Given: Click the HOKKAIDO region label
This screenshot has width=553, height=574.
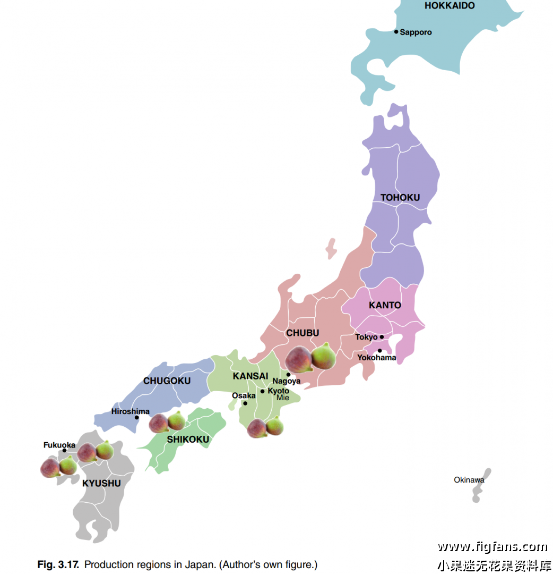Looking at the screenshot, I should click(449, 6).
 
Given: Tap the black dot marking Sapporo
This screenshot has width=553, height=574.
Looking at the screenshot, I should click(396, 32).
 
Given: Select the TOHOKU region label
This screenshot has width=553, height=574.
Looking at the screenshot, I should click(400, 198).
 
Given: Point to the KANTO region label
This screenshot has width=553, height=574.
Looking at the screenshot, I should click(385, 306).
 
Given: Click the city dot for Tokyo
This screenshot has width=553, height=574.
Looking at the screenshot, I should click(382, 337).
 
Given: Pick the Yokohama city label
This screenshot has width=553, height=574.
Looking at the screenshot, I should click(376, 358).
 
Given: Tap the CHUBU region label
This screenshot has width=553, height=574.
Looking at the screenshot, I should click(303, 333).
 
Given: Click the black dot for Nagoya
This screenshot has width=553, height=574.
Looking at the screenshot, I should click(289, 375).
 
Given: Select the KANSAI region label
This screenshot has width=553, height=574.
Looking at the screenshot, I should click(250, 376).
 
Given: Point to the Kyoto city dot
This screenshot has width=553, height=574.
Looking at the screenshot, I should click(262, 392).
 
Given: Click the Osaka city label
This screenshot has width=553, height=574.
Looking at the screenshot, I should click(244, 396).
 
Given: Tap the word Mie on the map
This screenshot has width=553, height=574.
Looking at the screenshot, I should click(283, 398).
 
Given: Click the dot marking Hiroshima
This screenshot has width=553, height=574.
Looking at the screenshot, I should click(137, 418).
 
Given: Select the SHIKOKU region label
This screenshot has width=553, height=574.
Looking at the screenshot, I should click(188, 440).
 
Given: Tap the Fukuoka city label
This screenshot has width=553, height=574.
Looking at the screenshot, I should click(59, 445).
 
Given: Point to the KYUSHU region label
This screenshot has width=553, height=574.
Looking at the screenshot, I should click(101, 484).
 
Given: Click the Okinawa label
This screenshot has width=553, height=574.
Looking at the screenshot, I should click(469, 480).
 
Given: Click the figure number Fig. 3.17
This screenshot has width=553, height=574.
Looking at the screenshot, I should click(58, 564).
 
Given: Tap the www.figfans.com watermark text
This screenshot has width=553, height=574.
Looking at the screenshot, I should click(492, 547).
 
